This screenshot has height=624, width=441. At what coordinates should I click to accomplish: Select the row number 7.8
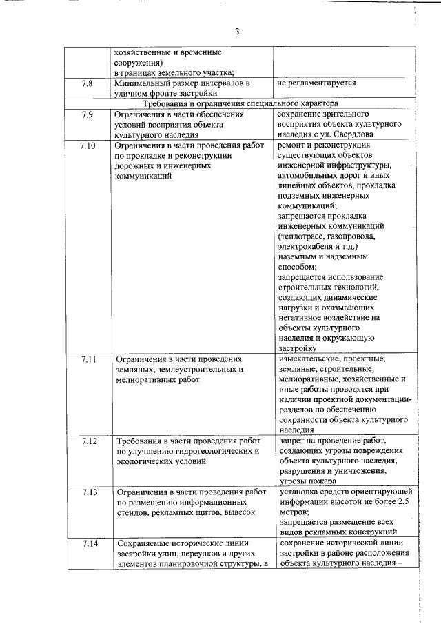(x=87, y=83)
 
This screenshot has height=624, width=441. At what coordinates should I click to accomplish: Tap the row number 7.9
(x=87, y=114)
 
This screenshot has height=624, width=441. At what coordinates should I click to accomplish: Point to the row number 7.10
(x=89, y=146)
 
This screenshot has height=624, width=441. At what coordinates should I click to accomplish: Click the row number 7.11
(x=89, y=360)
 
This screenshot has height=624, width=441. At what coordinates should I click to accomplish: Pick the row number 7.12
(x=89, y=440)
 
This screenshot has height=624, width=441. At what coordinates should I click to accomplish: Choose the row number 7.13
(x=89, y=493)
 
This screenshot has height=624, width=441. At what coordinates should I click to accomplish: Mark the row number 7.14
(x=89, y=545)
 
